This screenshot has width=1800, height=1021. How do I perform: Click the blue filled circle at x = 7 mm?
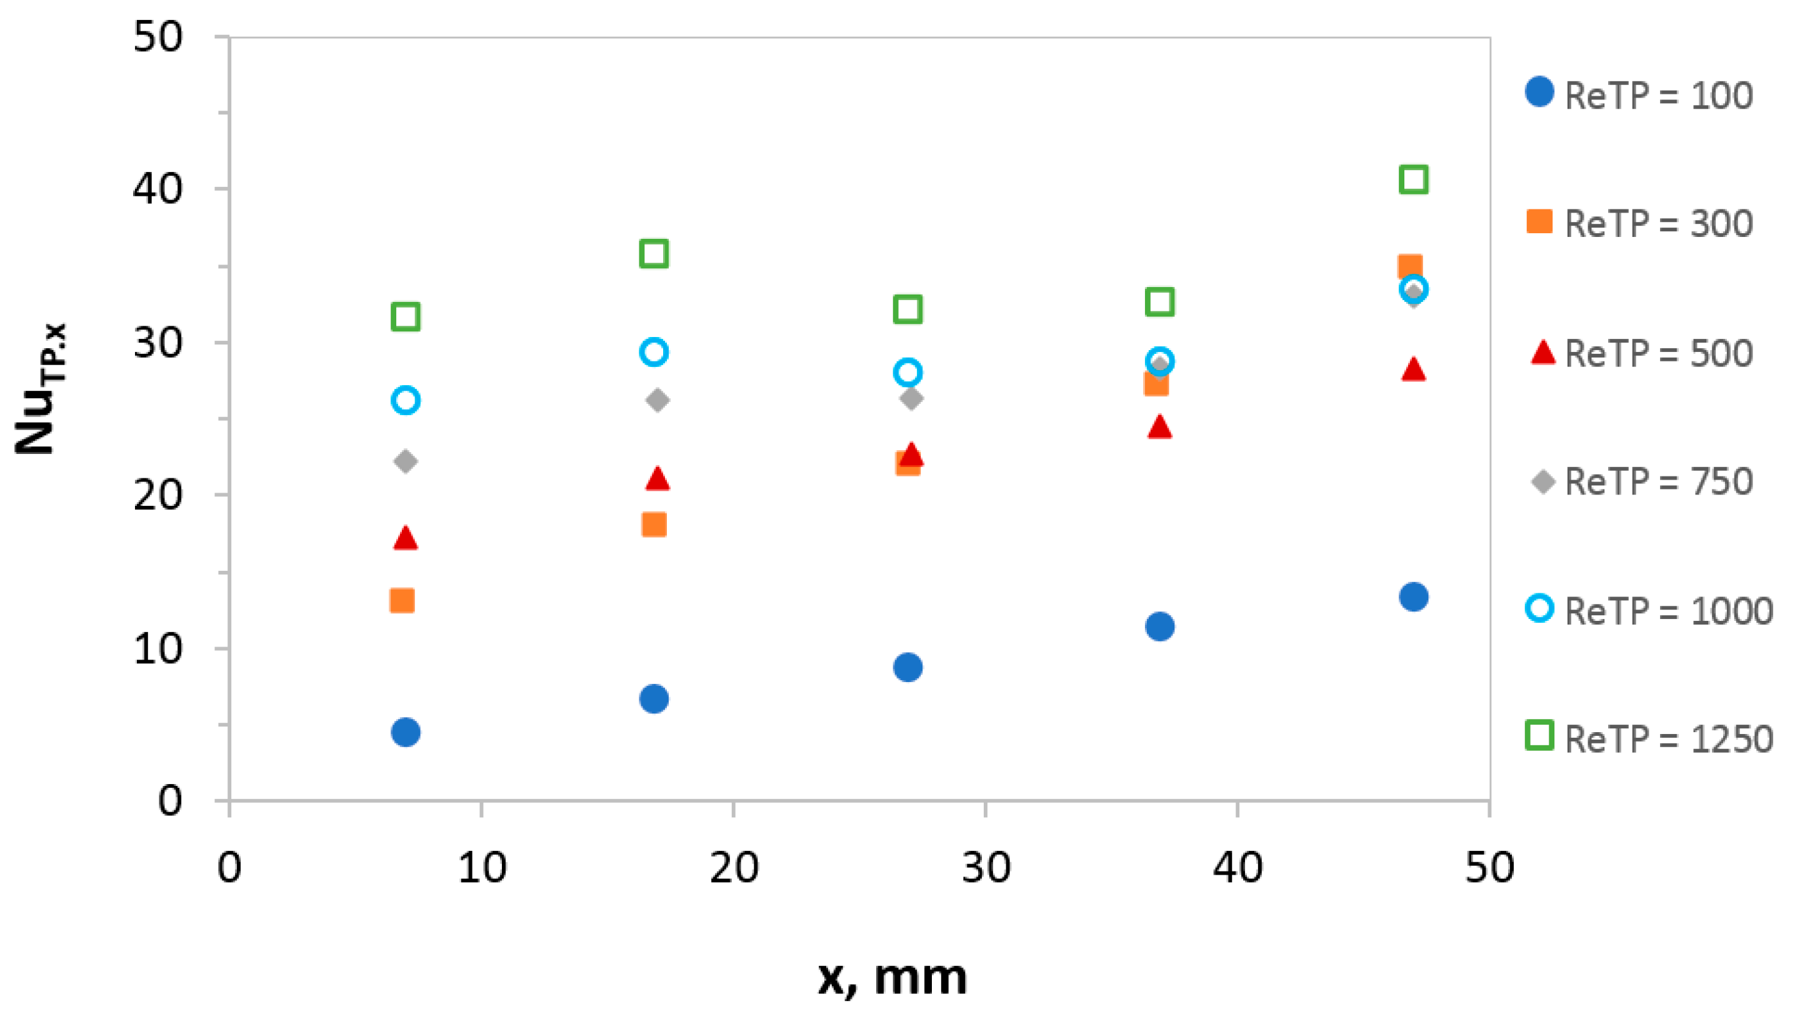tap(406, 732)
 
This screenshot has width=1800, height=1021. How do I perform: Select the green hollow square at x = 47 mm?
tap(1413, 179)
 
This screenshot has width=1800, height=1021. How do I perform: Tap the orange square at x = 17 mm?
tap(654, 525)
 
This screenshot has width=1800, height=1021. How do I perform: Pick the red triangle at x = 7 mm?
tap(406, 538)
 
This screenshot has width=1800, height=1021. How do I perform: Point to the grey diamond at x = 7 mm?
tap(406, 461)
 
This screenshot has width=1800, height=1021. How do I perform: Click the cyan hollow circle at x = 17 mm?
tap(654, 352)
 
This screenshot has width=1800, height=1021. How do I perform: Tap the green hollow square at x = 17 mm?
tap(654, 254)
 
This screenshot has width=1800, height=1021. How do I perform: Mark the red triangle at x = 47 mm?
tap(1413, 370)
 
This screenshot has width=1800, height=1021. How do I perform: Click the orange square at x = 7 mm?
tap(402, 600)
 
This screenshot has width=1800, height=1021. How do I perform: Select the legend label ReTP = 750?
tap(1658, 482)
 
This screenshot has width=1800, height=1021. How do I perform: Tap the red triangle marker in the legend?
tap(1542, 353)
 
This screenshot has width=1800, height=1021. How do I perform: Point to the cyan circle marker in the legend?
tap(1540, 608)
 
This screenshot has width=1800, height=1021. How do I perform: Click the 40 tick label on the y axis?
tap(157, 189)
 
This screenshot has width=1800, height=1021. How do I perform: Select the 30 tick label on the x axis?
tap(986, 867)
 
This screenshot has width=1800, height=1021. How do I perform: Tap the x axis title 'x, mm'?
tap(892, 977)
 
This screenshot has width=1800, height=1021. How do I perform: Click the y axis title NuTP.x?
tap(40, 389)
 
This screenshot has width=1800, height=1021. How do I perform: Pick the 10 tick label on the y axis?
tap(157, 648)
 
